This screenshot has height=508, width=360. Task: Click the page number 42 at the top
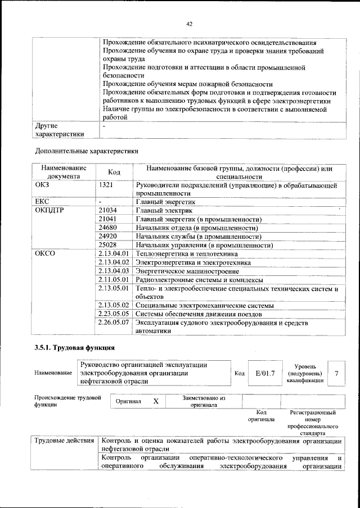pos(190,24)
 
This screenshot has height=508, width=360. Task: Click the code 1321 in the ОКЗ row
pos(107,184)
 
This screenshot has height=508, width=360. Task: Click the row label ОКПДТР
pos(49,210)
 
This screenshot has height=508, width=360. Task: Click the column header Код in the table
pos(114,172)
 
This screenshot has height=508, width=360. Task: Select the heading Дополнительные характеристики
pos(86,151)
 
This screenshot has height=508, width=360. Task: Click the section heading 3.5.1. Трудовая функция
pos(75,348)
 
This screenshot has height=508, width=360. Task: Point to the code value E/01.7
pos(264,373)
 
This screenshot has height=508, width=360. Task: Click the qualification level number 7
pos(336,373)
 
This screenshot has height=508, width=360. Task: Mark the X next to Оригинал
pos(156,401)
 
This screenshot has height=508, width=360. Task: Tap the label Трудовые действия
pos(64,441)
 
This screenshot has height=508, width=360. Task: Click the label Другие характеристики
pos(60,130)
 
